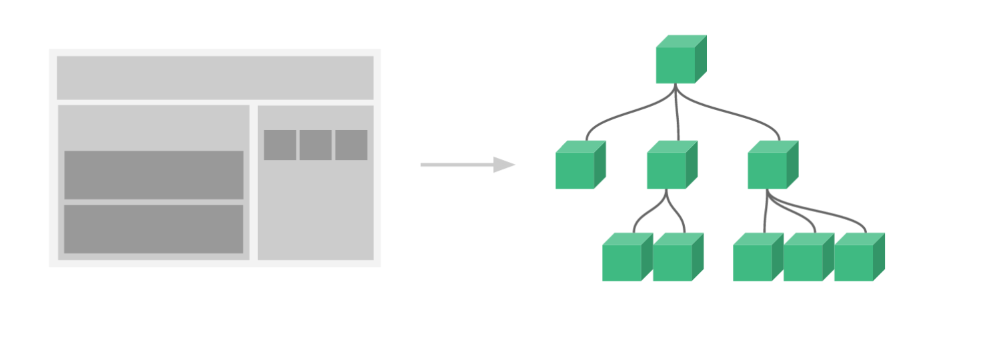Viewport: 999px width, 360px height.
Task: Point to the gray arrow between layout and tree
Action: pyautogui.click(x=460, y=165)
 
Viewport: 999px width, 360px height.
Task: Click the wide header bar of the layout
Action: pyautogui.click(x=215, y=77)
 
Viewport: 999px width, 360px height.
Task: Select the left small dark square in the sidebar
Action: pyautogui.click(x=280, y=145)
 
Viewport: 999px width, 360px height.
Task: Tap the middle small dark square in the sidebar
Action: pyautogui.click(x=315, y=145)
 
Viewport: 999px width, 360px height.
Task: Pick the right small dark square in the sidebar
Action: pyautogui.click(x=351, y=145)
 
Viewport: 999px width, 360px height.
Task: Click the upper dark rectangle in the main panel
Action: pyautogui.click(x=153, y=175)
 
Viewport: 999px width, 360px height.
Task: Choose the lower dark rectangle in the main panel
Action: pyautogui.click(x=153, y=229)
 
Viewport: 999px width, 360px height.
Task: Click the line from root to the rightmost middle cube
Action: pyautogui.click(x=740, y=116)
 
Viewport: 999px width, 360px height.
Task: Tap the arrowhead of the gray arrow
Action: pyautogui.click(x=504, y=165)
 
